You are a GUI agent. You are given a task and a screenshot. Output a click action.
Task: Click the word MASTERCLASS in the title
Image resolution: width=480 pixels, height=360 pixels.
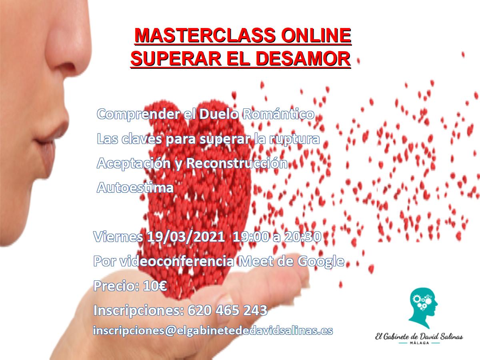coord(205,36)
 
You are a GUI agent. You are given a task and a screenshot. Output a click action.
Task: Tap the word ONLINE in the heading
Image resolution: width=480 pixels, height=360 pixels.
coord(316,36)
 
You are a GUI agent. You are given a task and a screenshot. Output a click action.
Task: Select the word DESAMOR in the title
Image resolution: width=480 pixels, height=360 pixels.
coord(303,58)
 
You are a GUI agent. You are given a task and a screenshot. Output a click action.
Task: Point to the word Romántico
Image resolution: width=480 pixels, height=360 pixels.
coord(278,114)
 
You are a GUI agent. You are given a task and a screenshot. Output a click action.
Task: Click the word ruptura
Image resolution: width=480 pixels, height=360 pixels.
coord(294,140)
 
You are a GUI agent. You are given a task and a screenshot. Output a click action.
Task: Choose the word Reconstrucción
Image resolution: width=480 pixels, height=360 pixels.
coord(237,163)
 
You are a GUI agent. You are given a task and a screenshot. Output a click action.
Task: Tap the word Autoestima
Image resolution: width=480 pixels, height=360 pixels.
coord(135,187)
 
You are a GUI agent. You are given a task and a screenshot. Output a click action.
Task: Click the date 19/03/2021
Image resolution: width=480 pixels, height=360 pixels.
coord(186,236)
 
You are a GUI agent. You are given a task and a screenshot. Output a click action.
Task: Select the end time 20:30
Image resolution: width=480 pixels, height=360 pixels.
coord(302,236)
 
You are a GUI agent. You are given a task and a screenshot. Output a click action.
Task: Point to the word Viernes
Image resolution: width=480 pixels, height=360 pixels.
coord(118,236)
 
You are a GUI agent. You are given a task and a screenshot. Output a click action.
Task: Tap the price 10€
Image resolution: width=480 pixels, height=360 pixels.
coord(155,286)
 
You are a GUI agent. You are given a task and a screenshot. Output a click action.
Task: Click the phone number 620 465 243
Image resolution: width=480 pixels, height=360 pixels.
coord(228,310)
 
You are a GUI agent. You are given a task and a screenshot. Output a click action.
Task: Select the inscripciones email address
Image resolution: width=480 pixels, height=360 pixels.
coord(213,331)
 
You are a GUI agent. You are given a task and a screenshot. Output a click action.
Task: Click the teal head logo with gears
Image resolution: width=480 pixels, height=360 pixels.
coord(423,308)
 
